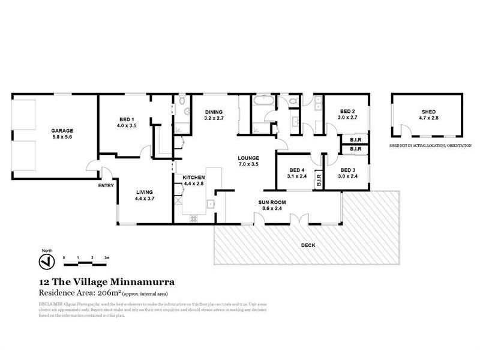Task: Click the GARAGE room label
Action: [x=62, y=130]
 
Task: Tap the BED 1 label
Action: [x=126, y=119]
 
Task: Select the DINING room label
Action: [x=214, y=112]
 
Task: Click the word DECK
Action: [x=307, y=245]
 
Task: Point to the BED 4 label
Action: [x=298, y=170]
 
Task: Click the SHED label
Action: [x=428, y=112]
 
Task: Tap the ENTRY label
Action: [x=106, y=185]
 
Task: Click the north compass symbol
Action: [x=43, y=262]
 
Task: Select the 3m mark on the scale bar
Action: [x=106, y=257]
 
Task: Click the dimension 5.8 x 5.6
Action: [x=62, y=136]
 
